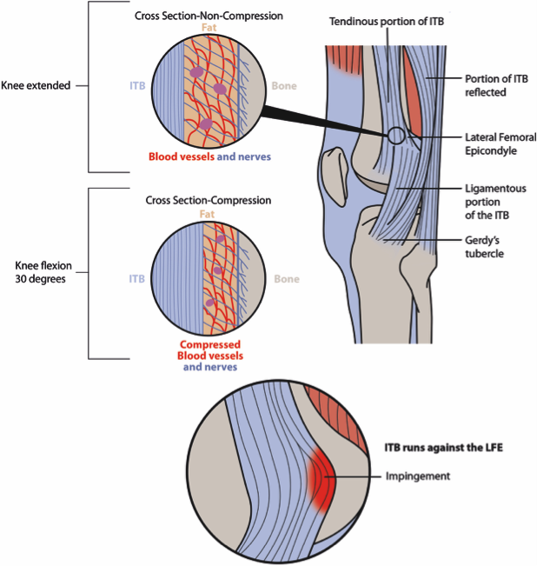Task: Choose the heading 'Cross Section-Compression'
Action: click(209, 200)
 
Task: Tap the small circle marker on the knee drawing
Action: click(396, 135)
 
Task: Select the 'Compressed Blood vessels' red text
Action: click(209, 350)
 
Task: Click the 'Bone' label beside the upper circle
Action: click(285, 86)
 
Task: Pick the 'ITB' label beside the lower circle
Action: click(137, 278)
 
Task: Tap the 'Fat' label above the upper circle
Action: click(209, 28)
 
